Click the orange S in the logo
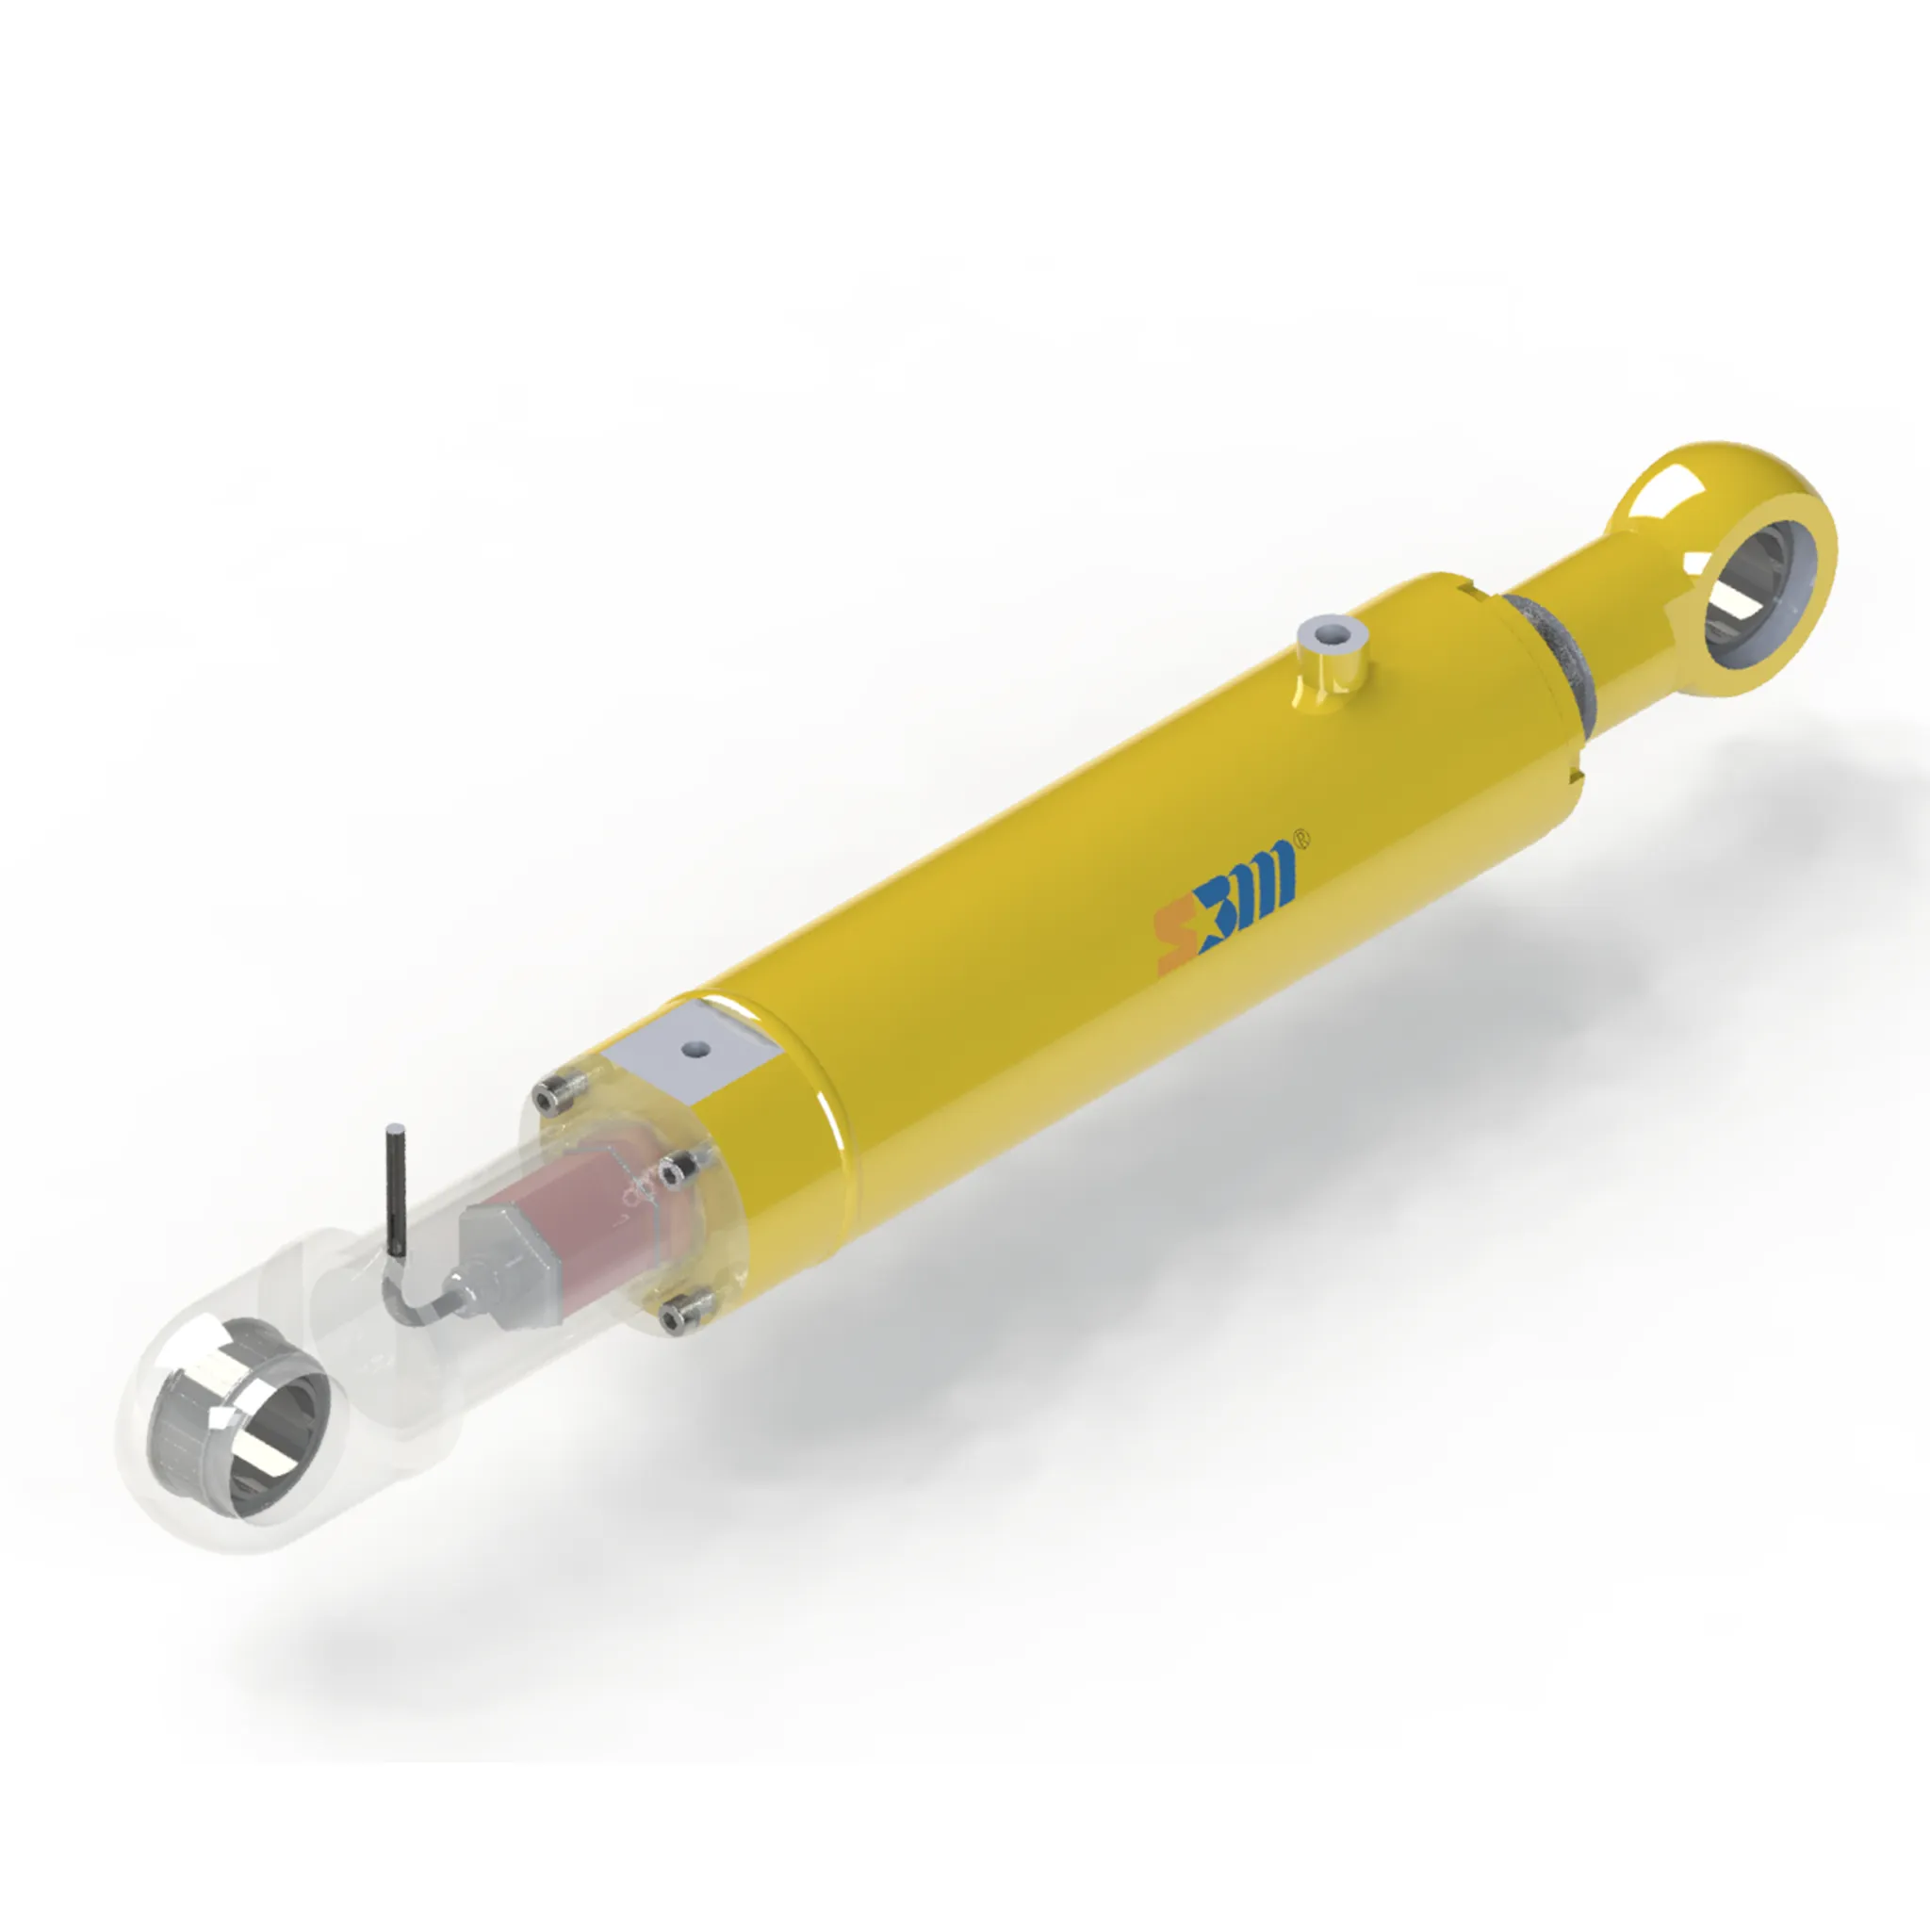pyautogui.click(x=1175, y=940)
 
